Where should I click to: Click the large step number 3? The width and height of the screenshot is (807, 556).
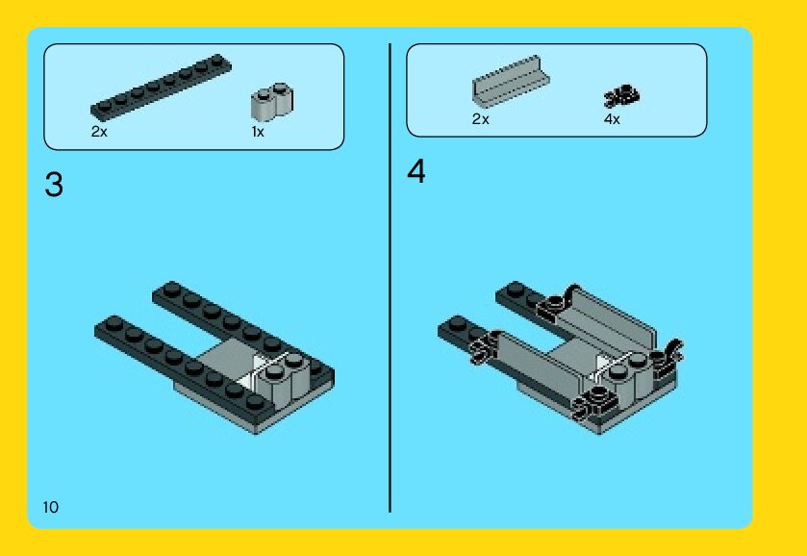[x=54, y=185]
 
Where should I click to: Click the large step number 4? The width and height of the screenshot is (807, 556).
[x=416, y=171]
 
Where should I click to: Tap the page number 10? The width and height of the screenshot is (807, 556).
[x=50, y=507]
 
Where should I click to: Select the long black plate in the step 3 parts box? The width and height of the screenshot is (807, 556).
[x=161, y=87]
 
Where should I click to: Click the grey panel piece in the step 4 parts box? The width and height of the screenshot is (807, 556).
[x=511, y=82]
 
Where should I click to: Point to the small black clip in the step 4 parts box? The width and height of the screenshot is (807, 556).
[x=621, y=96]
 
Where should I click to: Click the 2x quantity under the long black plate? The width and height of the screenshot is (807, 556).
[x=99, y=132]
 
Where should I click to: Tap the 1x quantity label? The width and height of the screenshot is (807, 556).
[x=258, y=132]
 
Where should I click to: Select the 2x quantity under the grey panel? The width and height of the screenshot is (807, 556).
[x=480, y=119]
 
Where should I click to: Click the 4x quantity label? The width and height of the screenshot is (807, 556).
[x=612, y=119]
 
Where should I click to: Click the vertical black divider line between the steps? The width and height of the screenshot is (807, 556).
[x=391, y=278]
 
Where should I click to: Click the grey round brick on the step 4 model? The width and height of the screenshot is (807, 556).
[x=626, y=378]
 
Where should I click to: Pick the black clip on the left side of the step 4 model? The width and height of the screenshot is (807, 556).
[x=484, y=346]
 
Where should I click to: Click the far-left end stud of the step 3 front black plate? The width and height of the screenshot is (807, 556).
[x=114, y=323]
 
